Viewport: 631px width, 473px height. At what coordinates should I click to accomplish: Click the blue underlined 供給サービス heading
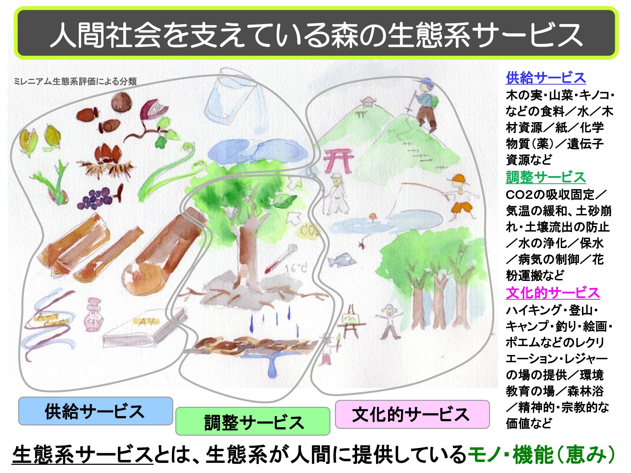546,78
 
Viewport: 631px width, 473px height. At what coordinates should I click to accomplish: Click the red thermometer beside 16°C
281,259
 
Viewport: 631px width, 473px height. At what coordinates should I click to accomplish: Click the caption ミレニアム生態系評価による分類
75,82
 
